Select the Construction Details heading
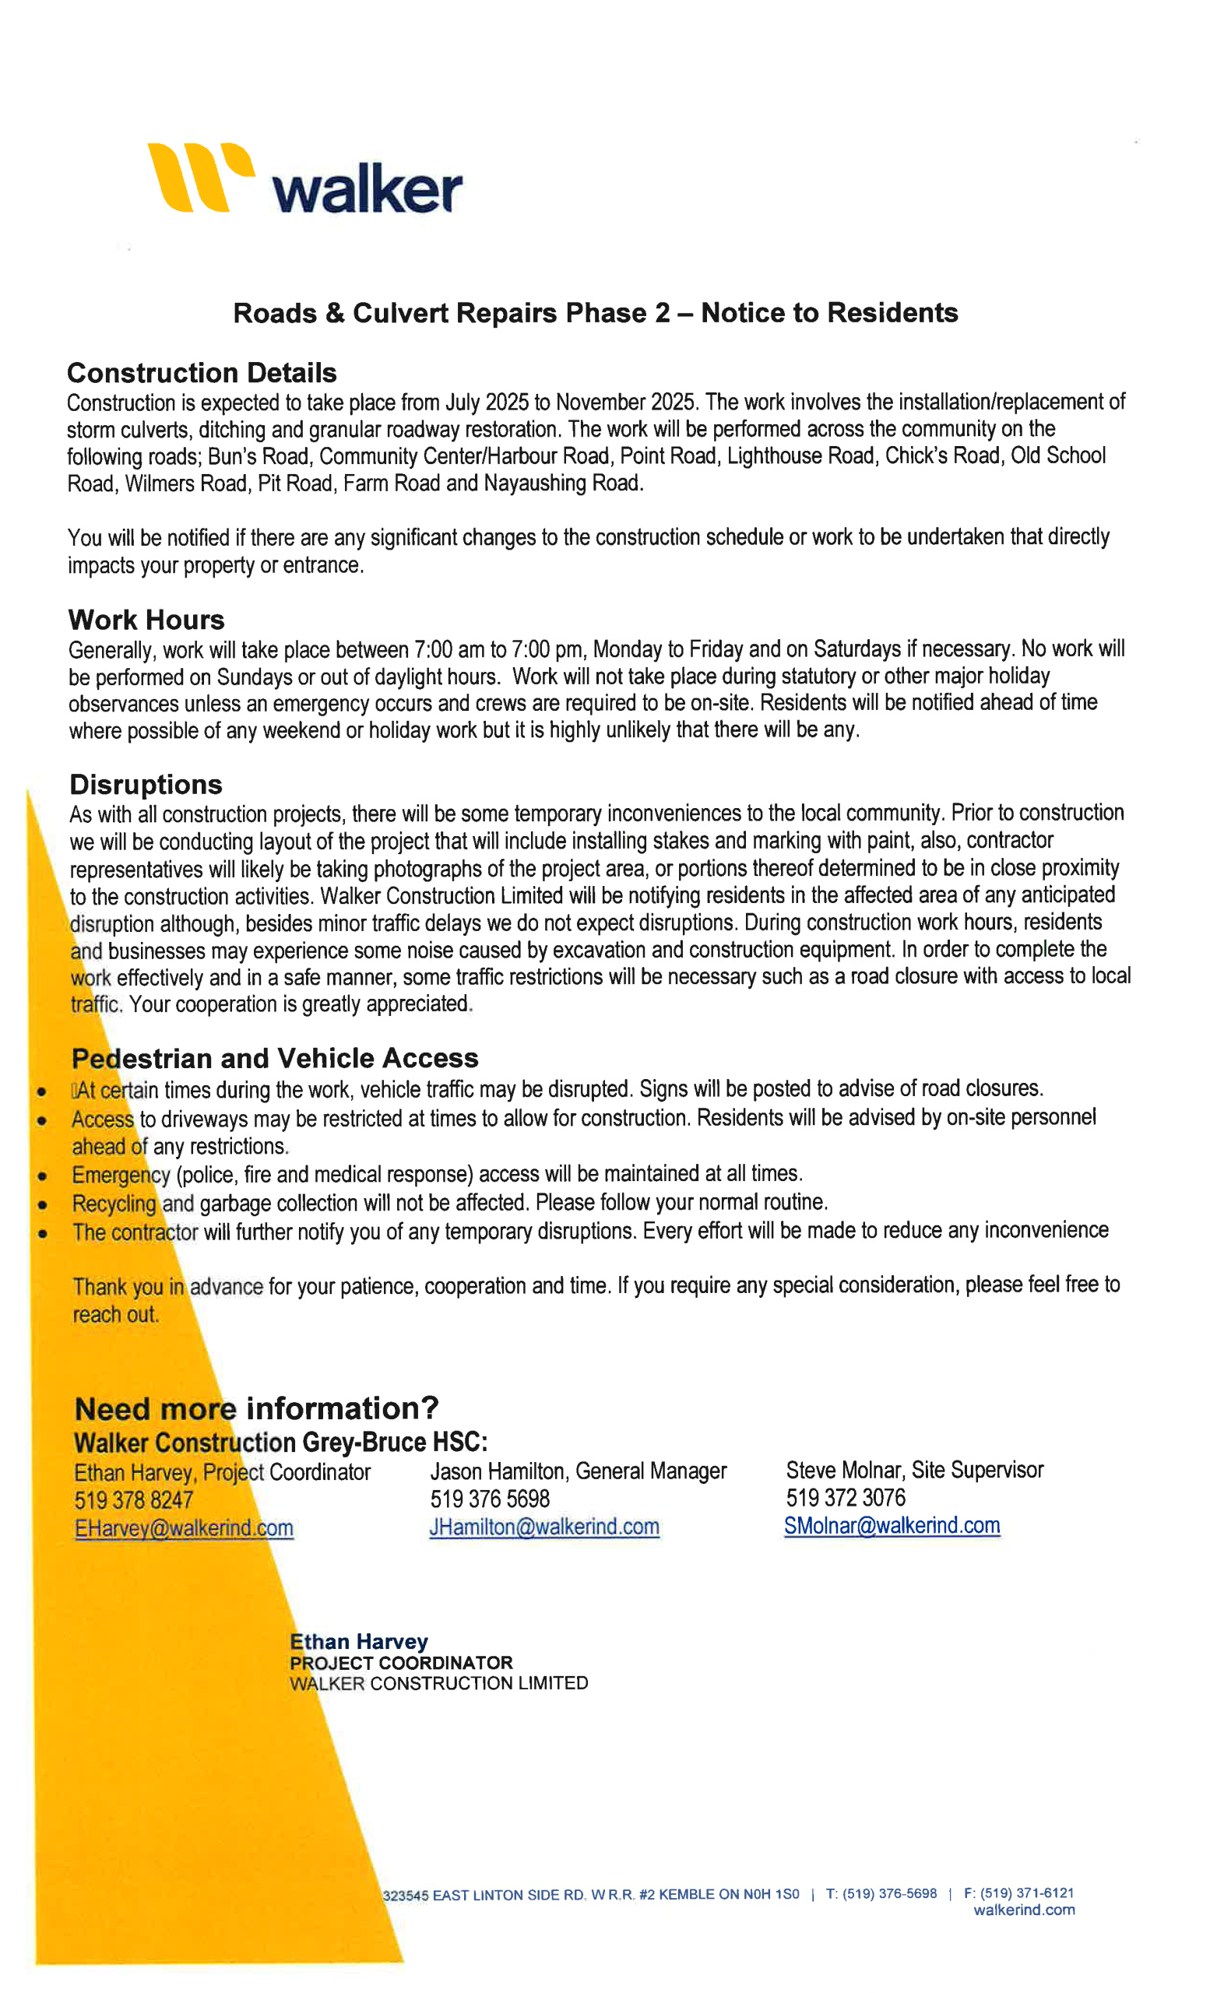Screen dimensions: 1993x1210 pos(202,373)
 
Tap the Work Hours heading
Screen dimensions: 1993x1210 pos(146,620)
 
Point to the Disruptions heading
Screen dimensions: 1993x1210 pos(146,785)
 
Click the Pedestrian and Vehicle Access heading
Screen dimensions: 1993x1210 pos(274,1058)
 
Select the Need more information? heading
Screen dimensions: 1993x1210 pos(256,1408)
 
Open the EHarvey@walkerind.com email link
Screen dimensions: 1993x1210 pos(184,1528)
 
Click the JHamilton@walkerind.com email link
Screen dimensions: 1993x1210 pos(544,1527)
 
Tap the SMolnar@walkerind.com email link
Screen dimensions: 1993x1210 pos(892,1525)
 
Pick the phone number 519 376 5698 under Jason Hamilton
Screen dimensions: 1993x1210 pos(489,1499)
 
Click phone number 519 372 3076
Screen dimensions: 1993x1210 pos(846,1498)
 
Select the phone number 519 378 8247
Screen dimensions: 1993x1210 pos(133,1500)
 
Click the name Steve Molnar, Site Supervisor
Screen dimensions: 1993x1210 pos(914,1470)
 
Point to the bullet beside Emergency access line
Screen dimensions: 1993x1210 pos(42,1176)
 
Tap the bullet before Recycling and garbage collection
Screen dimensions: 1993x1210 pos(42,1205)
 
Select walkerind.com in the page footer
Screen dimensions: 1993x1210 pos(1024,1910)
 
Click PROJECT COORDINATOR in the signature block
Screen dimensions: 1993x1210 pos(401,1663)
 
